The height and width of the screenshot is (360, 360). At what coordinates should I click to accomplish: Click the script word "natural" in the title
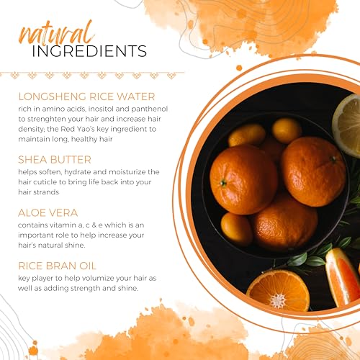pos(56,34)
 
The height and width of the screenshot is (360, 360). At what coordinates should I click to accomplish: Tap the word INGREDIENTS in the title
pos(89,51)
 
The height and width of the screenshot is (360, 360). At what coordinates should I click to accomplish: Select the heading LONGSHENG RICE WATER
pos(86,96)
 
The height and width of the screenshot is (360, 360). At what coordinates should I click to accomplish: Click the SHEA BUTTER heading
pos(55,160)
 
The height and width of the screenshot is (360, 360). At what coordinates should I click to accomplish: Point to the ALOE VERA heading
pos(48,213)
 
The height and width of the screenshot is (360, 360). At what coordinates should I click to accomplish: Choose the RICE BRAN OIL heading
pos(57,266)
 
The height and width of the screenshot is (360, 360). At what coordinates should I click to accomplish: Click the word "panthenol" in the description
pos(150,109)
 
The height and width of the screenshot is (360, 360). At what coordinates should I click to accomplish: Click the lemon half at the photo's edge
pos(346,125)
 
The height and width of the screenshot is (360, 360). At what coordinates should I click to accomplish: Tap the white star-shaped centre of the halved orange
pos(278,300)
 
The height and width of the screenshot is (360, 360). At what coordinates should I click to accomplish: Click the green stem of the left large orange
pos(223,183)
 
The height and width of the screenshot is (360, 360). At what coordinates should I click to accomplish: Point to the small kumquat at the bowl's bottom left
pos(237,229)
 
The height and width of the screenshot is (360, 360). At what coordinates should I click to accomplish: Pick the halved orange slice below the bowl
pos(278,291)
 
